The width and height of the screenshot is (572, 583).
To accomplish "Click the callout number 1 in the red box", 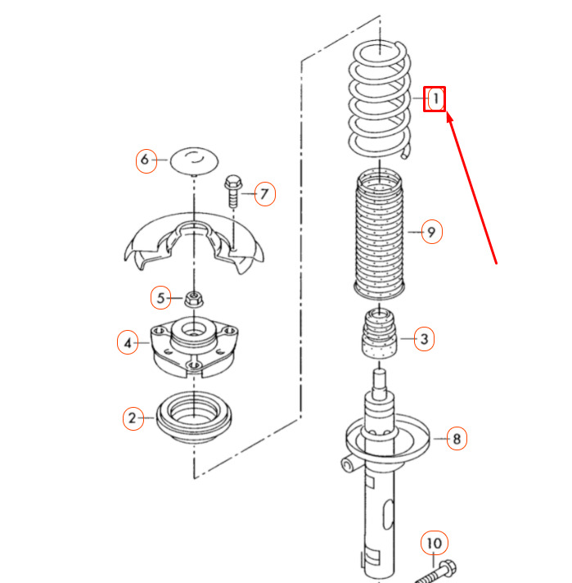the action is [435, 99].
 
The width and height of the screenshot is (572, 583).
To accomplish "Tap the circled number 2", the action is [133, 418].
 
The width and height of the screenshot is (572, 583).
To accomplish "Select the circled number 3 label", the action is [424, 339].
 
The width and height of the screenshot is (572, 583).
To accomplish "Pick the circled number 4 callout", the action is [128, 342].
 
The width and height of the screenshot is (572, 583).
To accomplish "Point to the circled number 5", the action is [161, 298].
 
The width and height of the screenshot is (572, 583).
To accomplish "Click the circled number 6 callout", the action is [146, 160].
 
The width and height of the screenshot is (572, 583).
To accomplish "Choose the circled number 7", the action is [265, 194].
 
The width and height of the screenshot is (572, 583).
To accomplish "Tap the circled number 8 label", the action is [457, 439].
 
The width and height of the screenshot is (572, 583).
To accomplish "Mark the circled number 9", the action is [432, 232].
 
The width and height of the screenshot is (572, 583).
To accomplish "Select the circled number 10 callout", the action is [435, 544].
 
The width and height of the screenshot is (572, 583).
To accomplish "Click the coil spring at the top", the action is [380, 99].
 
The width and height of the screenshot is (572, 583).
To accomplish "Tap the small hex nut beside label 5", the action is [194, 299].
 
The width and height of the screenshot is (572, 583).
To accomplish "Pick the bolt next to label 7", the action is [233, 191].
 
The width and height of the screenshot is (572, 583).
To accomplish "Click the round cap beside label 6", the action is [194, 160].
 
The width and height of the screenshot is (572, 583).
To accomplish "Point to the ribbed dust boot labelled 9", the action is [379, 234].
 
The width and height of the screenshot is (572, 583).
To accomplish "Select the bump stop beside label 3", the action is [379, 335].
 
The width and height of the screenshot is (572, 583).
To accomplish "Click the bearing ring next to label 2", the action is [194, 417].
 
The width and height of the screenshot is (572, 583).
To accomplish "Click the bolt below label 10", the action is [435, 572].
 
